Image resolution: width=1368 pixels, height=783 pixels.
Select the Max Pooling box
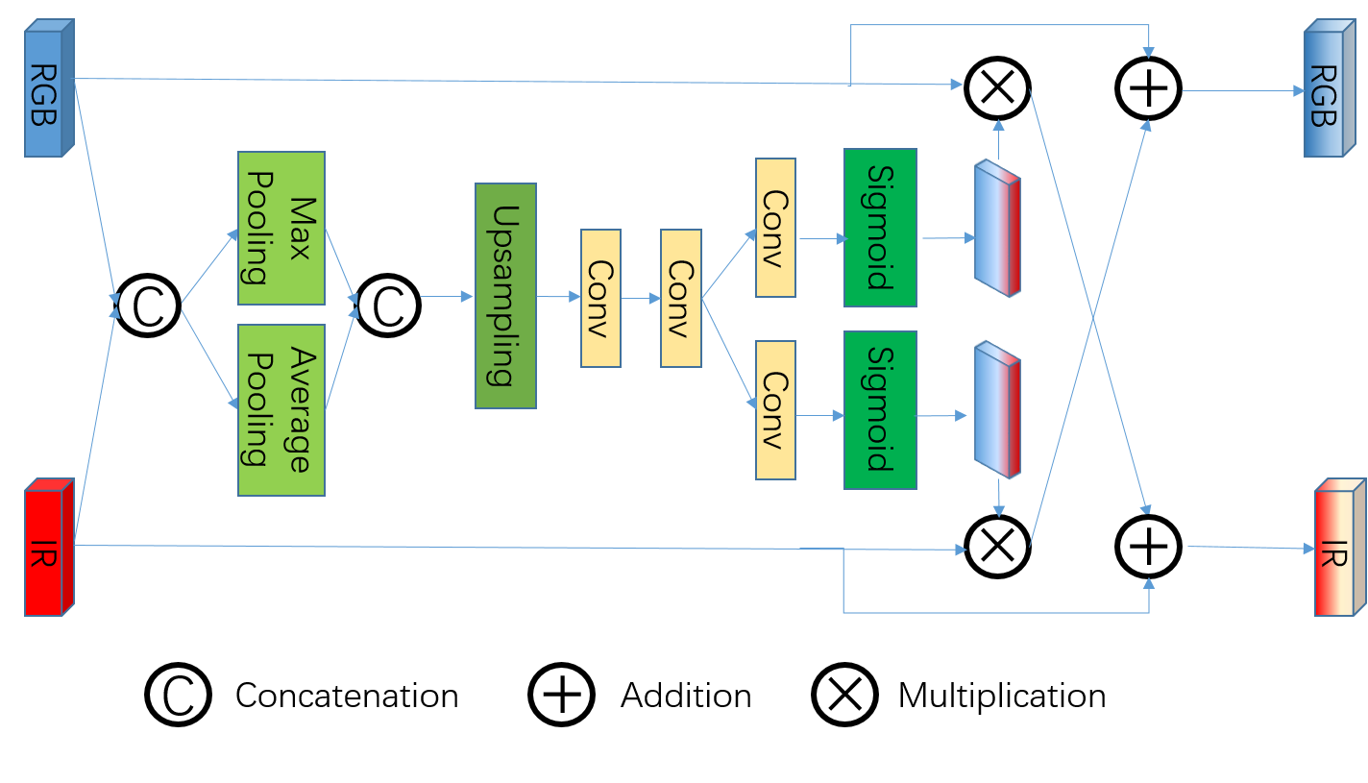(x=281, y=228)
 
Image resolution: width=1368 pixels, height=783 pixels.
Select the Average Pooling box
(x=281, y=409)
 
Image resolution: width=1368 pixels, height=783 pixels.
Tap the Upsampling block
(x=505, y=295)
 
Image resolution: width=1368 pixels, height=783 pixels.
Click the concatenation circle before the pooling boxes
(x=148, y=306)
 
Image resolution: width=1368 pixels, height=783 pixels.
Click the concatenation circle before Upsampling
(x=387, y=306)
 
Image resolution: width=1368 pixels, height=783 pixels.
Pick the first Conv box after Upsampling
(x=600, y=298)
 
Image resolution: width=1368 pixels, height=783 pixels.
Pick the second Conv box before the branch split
(x=680, y=298)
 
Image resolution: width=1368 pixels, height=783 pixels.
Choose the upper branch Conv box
(x=775, y=228)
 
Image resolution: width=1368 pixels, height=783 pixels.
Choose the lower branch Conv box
(x=775, y=409)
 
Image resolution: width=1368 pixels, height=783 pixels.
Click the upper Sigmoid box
(x=880, y=228)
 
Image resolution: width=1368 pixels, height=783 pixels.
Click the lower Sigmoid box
(x=880, y=409)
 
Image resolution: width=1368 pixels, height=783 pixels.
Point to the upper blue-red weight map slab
(x=997, y=229)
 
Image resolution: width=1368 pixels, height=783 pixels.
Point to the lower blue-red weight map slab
(x=997, y=410)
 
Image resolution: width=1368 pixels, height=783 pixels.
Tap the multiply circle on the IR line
(x=998, y=546)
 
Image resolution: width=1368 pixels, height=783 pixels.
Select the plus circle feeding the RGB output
(x=1149, y=88)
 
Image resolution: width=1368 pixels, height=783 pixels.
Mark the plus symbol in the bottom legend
(x=562, y=694)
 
